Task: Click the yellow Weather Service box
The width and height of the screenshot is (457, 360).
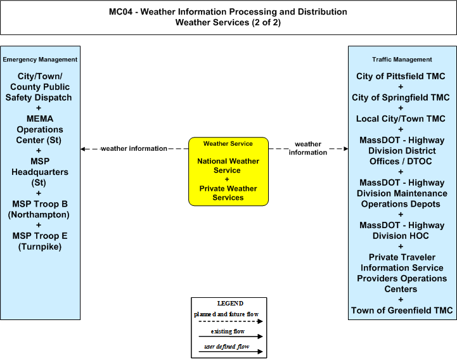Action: pos(228,171)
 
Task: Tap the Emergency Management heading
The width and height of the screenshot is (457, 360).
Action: pos(40,60)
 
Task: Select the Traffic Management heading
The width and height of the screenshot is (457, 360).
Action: pos(402,60)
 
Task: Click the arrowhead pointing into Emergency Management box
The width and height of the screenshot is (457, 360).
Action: pos(83,149)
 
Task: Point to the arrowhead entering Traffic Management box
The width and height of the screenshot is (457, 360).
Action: pos(346,149)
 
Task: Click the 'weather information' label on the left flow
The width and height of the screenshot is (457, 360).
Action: pos(134,149)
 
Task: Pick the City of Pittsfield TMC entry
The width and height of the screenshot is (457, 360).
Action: pos(401,76)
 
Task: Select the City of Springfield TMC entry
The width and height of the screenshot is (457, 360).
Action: pos(401,98)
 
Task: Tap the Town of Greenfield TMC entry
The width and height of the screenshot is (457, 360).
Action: pos(402,311)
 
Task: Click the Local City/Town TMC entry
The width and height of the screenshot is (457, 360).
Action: pos(401,119)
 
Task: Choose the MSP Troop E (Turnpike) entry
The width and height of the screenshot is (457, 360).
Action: pos(40,241)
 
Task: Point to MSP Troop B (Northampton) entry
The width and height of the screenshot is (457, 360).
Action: pos(39,209)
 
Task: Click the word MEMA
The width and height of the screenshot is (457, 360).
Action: pos(40,119)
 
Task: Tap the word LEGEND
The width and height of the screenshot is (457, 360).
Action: pos(230,304)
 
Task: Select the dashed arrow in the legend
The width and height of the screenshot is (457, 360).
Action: pos(231,321)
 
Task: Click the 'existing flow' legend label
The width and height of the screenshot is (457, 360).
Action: pos(228,331)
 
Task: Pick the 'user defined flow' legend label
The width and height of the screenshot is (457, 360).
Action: pos(227,347)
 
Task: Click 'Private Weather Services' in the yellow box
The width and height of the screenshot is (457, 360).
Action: pos(228,193)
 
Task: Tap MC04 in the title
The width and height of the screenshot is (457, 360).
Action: pos(120,11)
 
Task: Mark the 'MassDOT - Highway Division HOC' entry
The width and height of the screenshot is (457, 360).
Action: pos(402,231)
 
